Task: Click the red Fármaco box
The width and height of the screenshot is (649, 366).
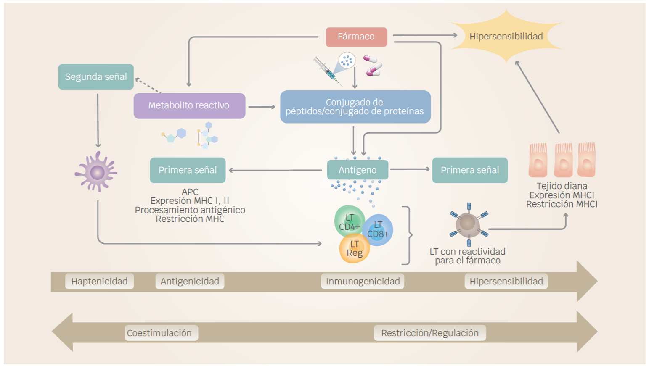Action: [356, 37]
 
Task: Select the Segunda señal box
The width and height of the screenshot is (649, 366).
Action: [96, 77]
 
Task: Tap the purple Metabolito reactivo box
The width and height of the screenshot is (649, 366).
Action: [189, 105]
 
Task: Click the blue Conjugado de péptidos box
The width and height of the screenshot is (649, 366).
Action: [355, 107]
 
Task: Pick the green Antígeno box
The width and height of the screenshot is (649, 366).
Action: [358, 170]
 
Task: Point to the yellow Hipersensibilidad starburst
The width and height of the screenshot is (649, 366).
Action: [506, 37]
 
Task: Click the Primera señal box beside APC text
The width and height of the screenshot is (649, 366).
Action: [188, 170]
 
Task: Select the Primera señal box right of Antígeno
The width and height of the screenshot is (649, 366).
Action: [470, 170]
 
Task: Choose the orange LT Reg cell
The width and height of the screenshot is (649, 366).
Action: [355, 249]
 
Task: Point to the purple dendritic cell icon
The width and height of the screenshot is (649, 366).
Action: [97, 172]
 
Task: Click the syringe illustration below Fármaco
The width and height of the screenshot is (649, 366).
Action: [326, 71]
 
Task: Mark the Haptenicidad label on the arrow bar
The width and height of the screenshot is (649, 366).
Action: [99, 282]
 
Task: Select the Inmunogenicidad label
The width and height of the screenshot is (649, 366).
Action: [363, 282]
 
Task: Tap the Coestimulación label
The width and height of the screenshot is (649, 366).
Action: [159, 333]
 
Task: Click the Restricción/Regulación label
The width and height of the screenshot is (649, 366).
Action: [430, 333]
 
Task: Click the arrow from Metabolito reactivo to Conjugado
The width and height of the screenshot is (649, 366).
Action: [262, 107]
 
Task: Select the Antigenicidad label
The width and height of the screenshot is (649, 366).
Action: [190, 282]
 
